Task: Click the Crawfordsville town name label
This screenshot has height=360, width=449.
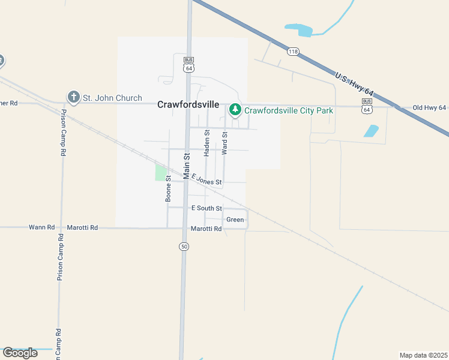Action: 188,104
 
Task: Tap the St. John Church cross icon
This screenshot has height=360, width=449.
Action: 74,97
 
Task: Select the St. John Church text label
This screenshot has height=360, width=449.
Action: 112,98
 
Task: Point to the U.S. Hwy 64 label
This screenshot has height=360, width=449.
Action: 354,85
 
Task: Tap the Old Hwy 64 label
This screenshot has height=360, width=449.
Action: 429,108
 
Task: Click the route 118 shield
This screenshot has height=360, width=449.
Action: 293,52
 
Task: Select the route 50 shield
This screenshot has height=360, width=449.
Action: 184,247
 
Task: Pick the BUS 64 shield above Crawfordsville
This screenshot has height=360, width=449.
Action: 189,65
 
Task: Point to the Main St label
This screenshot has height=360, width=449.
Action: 187,166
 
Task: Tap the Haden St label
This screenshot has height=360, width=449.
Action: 206,143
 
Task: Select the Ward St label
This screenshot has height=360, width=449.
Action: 224,143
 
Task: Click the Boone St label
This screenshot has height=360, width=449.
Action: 169,188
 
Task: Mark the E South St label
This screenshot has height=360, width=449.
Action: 206,208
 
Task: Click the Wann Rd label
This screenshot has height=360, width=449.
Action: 42,227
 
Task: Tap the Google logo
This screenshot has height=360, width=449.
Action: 20,352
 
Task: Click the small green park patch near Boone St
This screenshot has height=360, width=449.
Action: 161,173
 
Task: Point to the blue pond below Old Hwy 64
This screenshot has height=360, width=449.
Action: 372,131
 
